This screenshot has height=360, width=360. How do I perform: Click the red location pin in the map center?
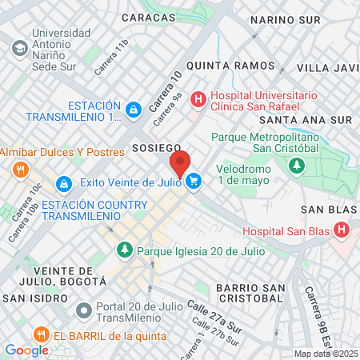pyautogui.click(x=180, y=164)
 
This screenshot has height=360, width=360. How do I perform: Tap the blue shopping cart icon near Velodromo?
pyautogui.click(x=193, y=182)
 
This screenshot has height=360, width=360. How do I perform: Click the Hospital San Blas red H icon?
pyautogui.click(x=342, y=231)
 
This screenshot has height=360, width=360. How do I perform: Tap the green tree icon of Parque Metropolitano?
pyautogui.click(x=297, y=166)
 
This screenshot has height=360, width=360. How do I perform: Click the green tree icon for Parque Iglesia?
pyautogui.click(x=124, y=251)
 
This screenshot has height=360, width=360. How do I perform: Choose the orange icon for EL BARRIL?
pyautogui.click(x=38, y=334)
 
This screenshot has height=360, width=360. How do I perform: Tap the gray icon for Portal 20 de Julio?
pyautogui.click(x=82, y=309)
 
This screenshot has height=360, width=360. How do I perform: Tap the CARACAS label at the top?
pyautogui.click(x=149, y=17)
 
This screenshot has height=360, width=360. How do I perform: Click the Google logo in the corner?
pyautogui.click(x=26, y=350)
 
